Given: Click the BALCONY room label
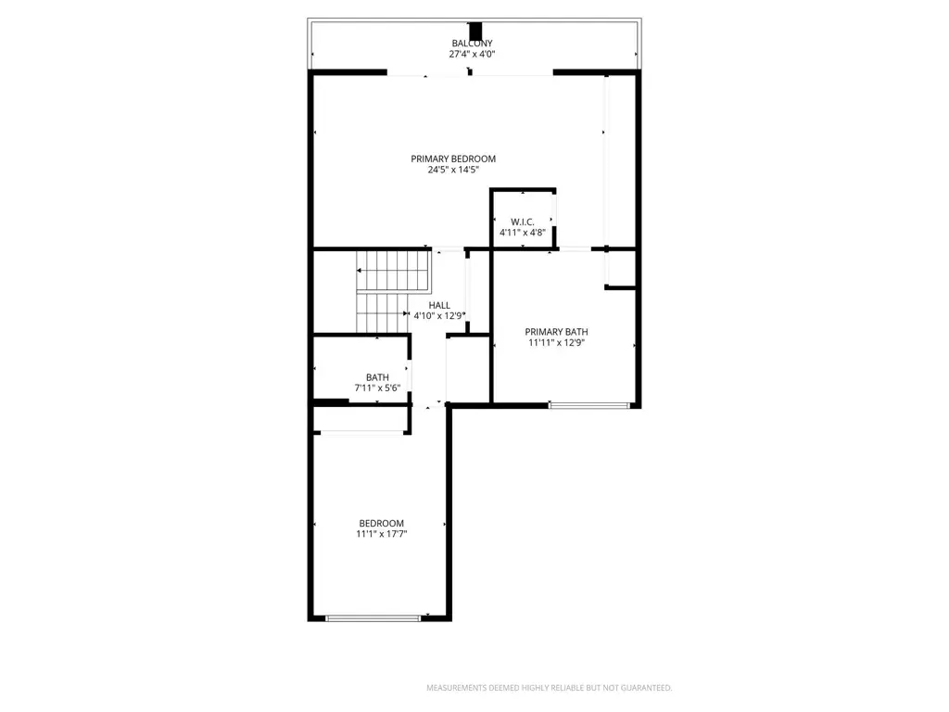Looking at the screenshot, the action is coord(472,44).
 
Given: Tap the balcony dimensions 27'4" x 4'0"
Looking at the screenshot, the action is coord(472,54).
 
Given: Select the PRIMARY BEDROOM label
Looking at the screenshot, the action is coord(453,159).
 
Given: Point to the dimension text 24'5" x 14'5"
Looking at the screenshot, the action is coord(453,170).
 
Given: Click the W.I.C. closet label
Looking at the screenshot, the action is coord(523,222).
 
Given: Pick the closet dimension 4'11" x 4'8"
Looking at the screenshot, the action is coord(523,233).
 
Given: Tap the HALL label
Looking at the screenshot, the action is coord(439,305).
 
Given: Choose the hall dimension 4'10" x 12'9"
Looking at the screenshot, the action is coord(439,315).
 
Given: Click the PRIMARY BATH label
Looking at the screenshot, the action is coord(556,332).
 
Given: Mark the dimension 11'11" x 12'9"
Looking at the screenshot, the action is coord(556,343).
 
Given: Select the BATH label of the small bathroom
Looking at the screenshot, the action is coord(378,377).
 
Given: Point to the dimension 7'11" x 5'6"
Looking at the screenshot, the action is coord(378,388).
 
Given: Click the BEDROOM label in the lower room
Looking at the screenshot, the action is coord(381,523).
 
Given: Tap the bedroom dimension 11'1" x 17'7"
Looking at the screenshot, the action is coord(381,534).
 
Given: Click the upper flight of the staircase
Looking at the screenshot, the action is coord(393,271).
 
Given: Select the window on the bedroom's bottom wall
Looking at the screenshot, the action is coord(373,618).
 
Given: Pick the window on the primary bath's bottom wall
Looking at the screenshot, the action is coord(588,405).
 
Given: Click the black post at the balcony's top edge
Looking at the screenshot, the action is coord(475,31).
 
